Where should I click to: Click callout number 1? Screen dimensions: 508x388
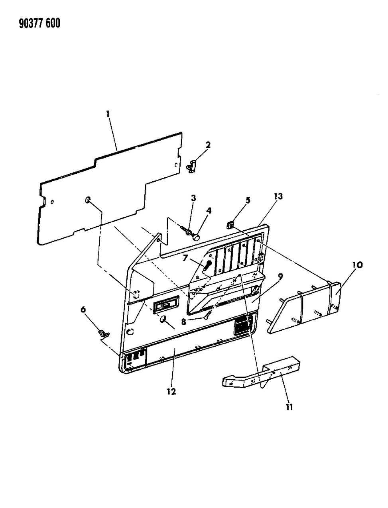tap(108, 114)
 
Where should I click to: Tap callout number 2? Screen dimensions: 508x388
tap(208, 145)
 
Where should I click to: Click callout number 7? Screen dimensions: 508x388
tap(185, 258)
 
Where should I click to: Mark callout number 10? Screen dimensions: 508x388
tap(357, 265)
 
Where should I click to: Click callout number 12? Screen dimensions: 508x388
tap(171, 392)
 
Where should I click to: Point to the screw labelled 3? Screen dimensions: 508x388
tap(186, 230)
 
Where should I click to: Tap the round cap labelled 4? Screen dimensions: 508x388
tap(196, 237)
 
